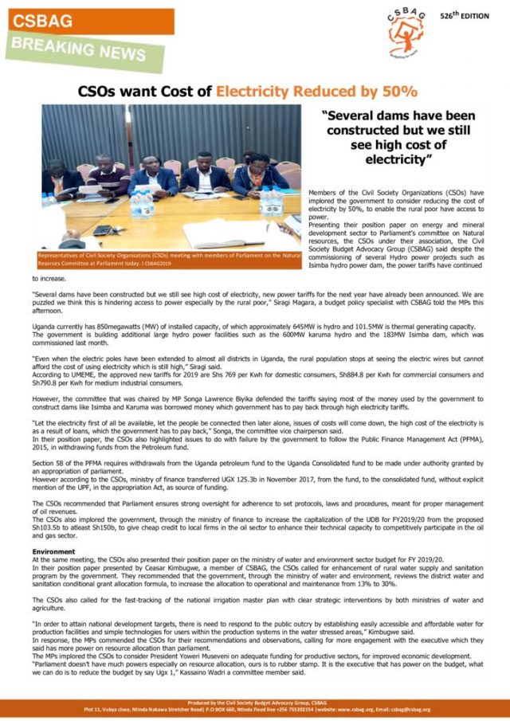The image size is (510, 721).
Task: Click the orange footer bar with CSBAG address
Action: [x=255, y=706]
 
